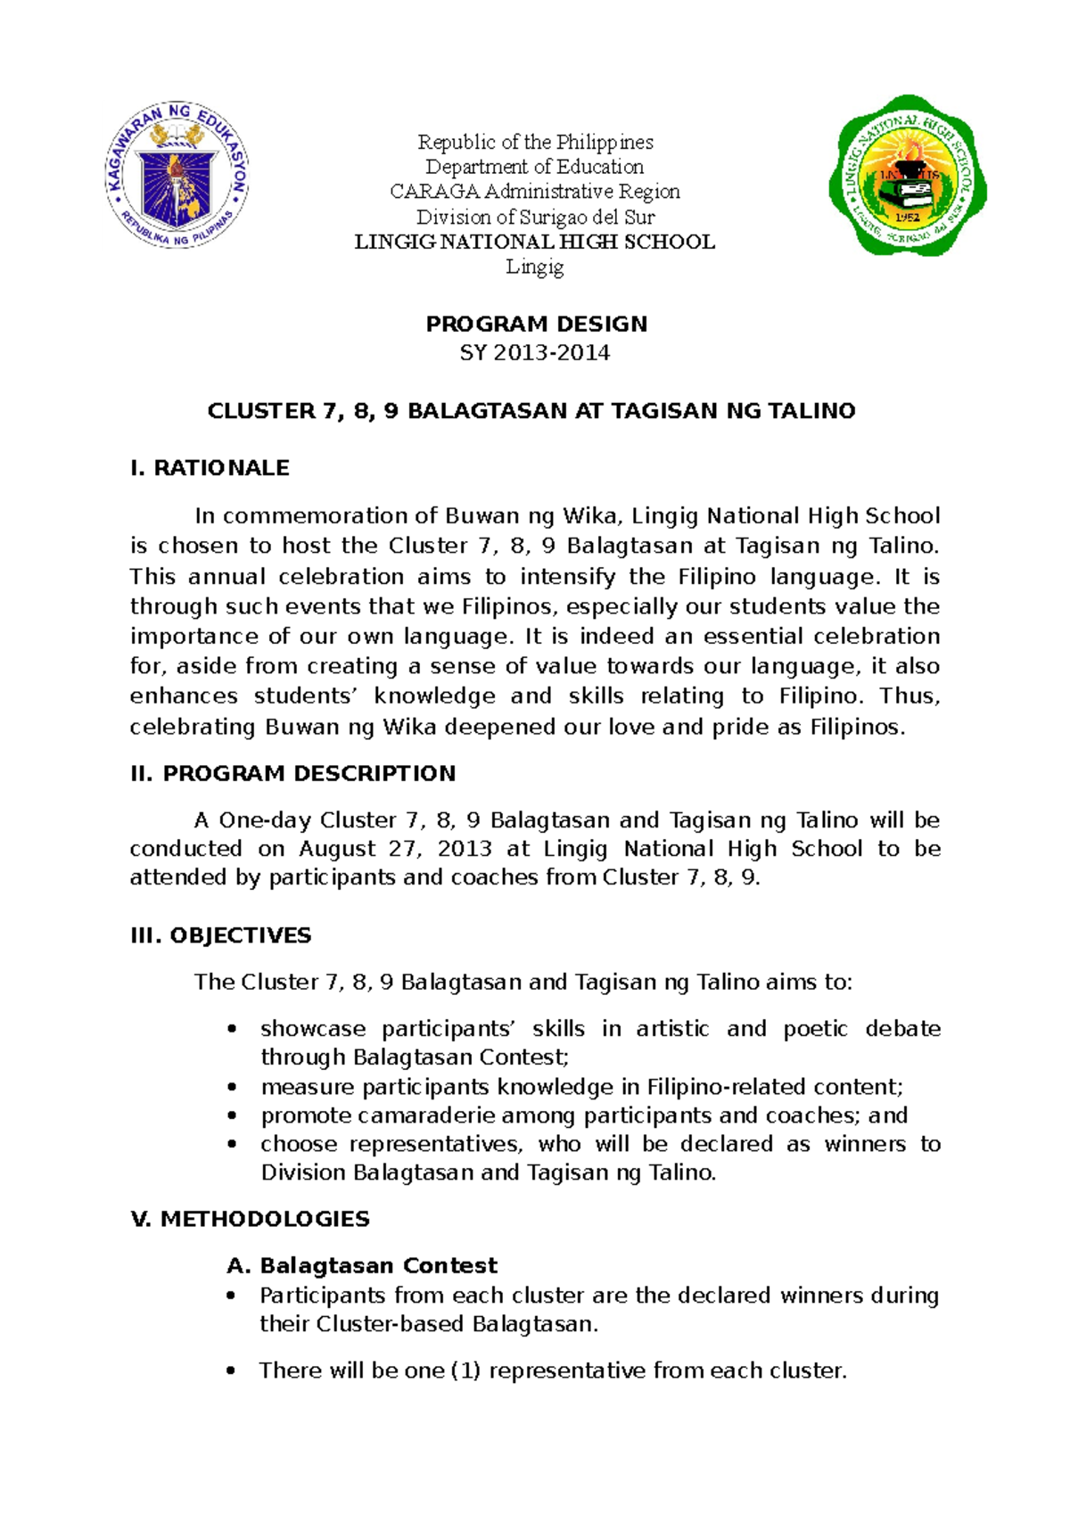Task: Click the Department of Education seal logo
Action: tap(177, 174)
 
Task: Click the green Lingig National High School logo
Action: tap(907, 176)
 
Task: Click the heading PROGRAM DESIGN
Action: tap(536, 324)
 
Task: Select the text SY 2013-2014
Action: tap(535, 353)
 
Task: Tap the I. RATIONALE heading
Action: tap(210, 468)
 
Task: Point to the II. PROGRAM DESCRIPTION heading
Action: tap(292, 773)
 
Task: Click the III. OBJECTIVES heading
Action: tap(220, 935)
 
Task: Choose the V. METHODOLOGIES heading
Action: tap(250, 1219)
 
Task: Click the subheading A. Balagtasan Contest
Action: tap(362, 1266)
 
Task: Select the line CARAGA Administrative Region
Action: tap(535, 192)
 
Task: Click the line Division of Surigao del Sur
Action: tap(535, 217)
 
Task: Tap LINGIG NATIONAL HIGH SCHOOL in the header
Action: tap(535, 242)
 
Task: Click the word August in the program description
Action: tap(337, 849)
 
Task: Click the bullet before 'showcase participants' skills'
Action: tap(233, 1029)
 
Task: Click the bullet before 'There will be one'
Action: tap(233, 1371)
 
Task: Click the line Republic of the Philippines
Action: tap(535, 142)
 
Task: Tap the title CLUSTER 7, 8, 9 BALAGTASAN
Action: tap(531, 411)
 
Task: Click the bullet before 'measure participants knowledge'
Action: tap(233, 1088)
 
